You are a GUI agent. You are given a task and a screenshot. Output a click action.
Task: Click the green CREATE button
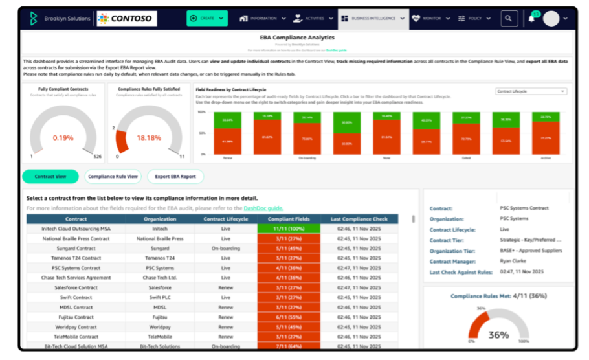coord(207,19)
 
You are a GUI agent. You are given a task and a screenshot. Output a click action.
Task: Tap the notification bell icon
coord(531,19)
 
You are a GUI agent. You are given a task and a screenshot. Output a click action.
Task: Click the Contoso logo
coord(128,19)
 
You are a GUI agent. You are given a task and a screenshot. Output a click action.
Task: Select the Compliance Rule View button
coord(113,177)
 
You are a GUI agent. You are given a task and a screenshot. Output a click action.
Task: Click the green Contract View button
coord(50,177)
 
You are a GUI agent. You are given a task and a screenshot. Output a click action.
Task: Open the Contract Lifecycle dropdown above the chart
coord(531,91)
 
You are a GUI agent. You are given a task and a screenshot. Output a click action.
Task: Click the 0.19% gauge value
coord(63,138)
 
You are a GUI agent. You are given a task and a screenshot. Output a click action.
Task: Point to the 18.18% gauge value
coord(148,138)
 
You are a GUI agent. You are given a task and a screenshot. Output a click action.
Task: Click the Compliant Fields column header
coord(289,219)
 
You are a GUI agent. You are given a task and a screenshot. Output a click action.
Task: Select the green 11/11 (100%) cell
coord(289,229)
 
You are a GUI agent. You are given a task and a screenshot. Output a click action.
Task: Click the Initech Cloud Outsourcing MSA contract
coord(68,229)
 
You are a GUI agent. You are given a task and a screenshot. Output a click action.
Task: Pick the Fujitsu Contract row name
coord(68,317)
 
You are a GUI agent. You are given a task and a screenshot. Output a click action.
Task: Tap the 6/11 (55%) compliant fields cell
coord(289,317)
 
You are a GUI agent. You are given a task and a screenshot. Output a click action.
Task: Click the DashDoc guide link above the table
coord(263,208)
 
